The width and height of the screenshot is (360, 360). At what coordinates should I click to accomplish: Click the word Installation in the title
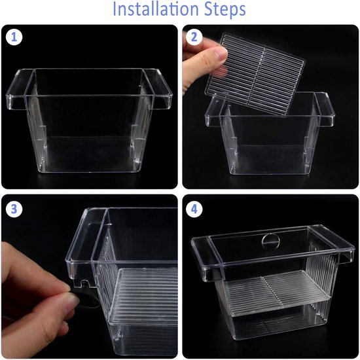(156, 9)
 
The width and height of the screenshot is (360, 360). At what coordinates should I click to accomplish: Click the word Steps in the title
(225, 10)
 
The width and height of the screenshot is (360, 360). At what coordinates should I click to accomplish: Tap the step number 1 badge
(14, 37)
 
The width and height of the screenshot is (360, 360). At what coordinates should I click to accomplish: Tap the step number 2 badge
(194, 37)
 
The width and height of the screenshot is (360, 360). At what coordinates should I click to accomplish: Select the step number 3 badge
(14, 209)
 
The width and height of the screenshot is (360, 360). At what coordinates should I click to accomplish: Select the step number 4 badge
(194, 209)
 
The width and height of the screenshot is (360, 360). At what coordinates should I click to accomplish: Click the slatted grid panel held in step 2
(255, 74)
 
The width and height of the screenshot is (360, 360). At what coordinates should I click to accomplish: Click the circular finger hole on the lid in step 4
(271, 242)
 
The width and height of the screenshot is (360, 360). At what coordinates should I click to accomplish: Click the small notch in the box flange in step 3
(84, 283)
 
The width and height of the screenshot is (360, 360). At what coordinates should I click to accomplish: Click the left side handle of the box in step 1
(20, 90)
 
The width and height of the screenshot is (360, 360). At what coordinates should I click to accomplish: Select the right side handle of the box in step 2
(325, 110)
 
